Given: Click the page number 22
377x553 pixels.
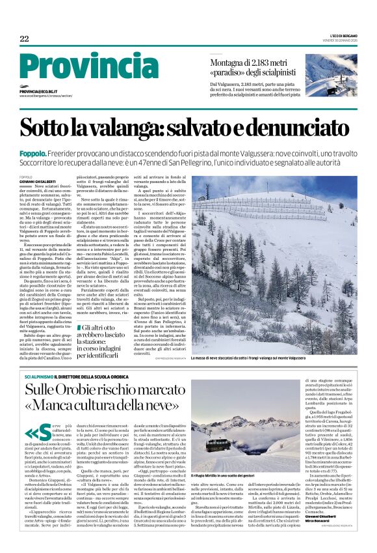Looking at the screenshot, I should [x=24, y=39].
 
